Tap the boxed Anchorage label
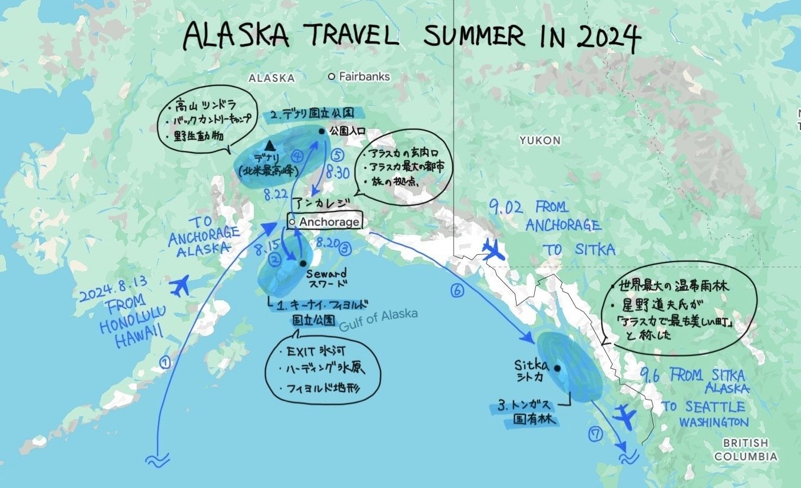click(x=325, y=222)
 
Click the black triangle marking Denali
click(x=270, y=144)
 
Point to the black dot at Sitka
click(x=557, y=369)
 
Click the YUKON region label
click(x=539, y=141)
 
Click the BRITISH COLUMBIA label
click(x=745, y=450)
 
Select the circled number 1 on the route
click(x=166, y=363)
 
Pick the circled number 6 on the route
click(x=457, y=290)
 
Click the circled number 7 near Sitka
click(x=595, y=434)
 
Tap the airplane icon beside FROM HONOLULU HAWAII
click(x=180, y=286)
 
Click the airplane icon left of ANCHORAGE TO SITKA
click(x=495, y=250)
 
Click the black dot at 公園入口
click(x=322, y=131)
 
